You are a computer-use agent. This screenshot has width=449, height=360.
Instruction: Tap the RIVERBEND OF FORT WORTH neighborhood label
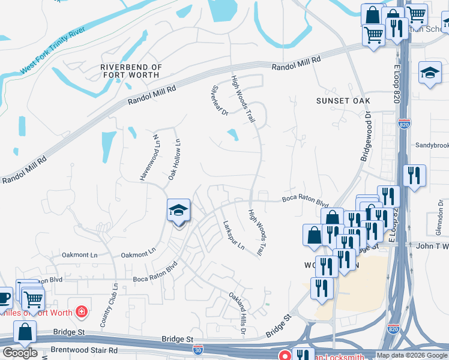point(130,71)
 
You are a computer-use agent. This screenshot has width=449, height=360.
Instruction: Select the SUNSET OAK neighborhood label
point(343,101)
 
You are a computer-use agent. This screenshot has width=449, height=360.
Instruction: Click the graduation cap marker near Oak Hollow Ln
point(178,211)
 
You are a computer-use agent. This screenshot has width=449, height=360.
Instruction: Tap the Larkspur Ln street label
point(234,235)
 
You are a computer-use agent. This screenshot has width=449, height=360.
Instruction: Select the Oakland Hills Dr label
point(238,310)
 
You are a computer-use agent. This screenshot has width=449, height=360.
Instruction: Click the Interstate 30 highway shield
point(203,347)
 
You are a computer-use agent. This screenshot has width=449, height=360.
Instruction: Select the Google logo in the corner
point(20,353)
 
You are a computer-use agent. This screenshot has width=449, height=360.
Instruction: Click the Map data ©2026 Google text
point(411,355)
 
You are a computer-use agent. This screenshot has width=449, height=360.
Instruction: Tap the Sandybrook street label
point(432,145)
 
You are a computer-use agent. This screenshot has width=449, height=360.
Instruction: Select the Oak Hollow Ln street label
point(173,158)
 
